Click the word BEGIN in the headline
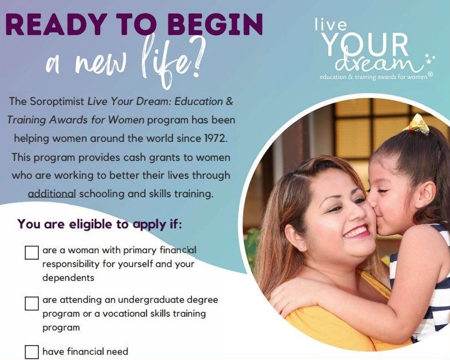[215, 24]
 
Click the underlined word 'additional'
[52, 194]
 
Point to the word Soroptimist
[57, 102]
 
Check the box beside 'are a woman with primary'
[32, 252]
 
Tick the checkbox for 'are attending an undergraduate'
[32, 303]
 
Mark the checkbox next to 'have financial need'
[32, 352]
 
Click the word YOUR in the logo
[365, 44]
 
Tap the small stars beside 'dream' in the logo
[430, 58]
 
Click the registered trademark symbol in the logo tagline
[430, 75]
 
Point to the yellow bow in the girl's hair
[417, 124]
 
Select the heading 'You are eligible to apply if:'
[100, 224]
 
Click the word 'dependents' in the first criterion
[68, 277]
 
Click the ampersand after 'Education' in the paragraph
[229, 102]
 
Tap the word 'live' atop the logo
[331, 24]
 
